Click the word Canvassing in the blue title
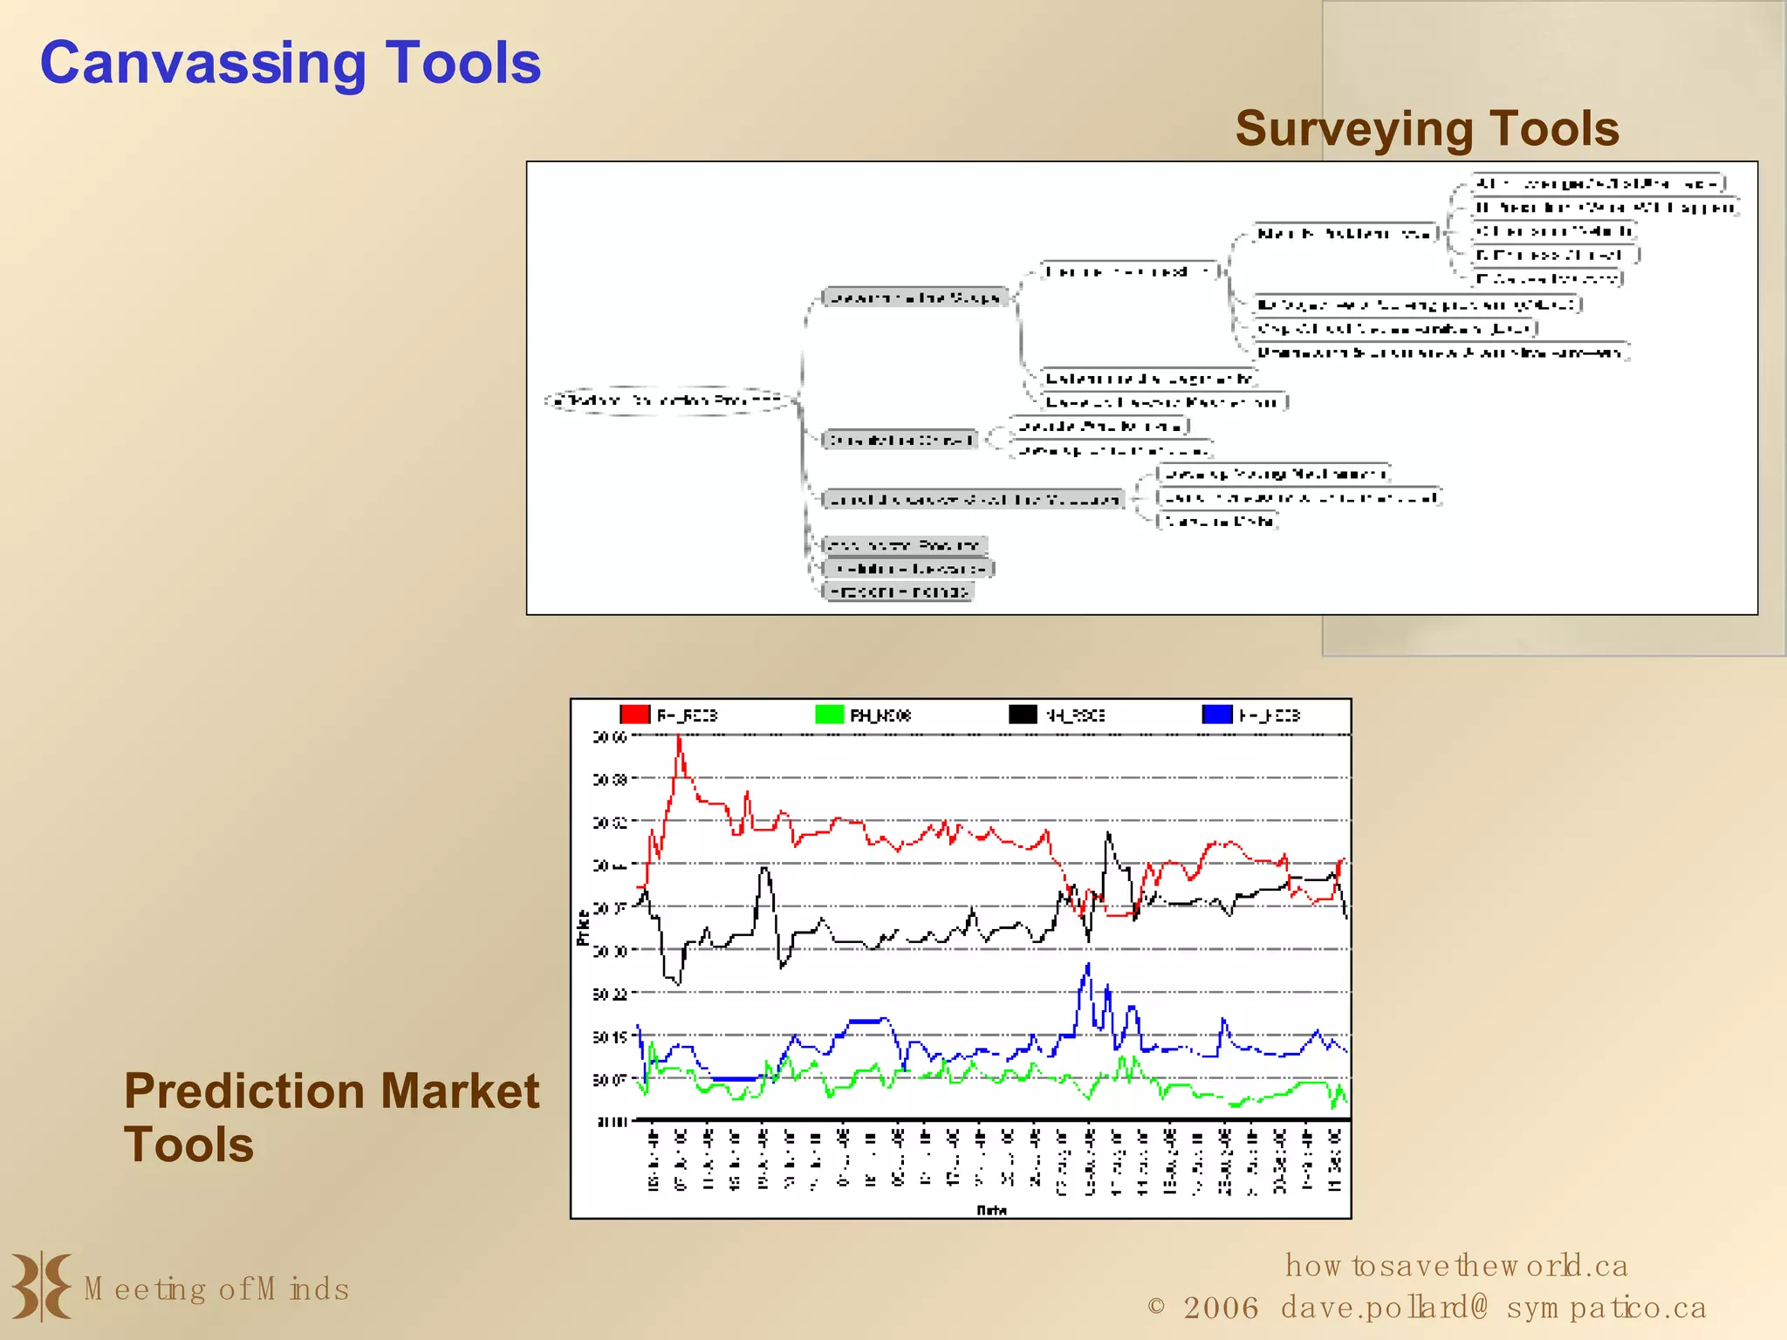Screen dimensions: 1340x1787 pos(202,64)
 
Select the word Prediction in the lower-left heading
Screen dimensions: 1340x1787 pos(242,1091)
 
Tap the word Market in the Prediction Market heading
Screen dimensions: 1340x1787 pos(460,1091)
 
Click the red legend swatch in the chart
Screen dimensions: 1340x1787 pos(635,714)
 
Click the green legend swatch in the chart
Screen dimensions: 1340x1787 pos(829,714)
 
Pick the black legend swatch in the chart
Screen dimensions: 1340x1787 pos(1023,714)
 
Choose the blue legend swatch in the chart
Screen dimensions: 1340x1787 pos(1216,714)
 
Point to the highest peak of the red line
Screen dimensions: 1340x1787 pos(679,738)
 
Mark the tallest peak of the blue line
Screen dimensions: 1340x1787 pos(1088,965)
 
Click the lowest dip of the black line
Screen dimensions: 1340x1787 pos(679,983)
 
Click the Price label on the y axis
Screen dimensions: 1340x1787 pos(583,927)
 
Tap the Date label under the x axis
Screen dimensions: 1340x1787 pos(991,1210)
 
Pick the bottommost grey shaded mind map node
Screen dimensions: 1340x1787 pos(898,591)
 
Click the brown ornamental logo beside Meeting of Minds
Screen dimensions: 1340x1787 pos(41,1286)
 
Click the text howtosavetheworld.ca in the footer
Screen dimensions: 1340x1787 pos(1455,1265)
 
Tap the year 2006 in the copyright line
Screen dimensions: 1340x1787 pos(1221,1308)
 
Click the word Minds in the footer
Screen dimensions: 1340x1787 pos(302,1289)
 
